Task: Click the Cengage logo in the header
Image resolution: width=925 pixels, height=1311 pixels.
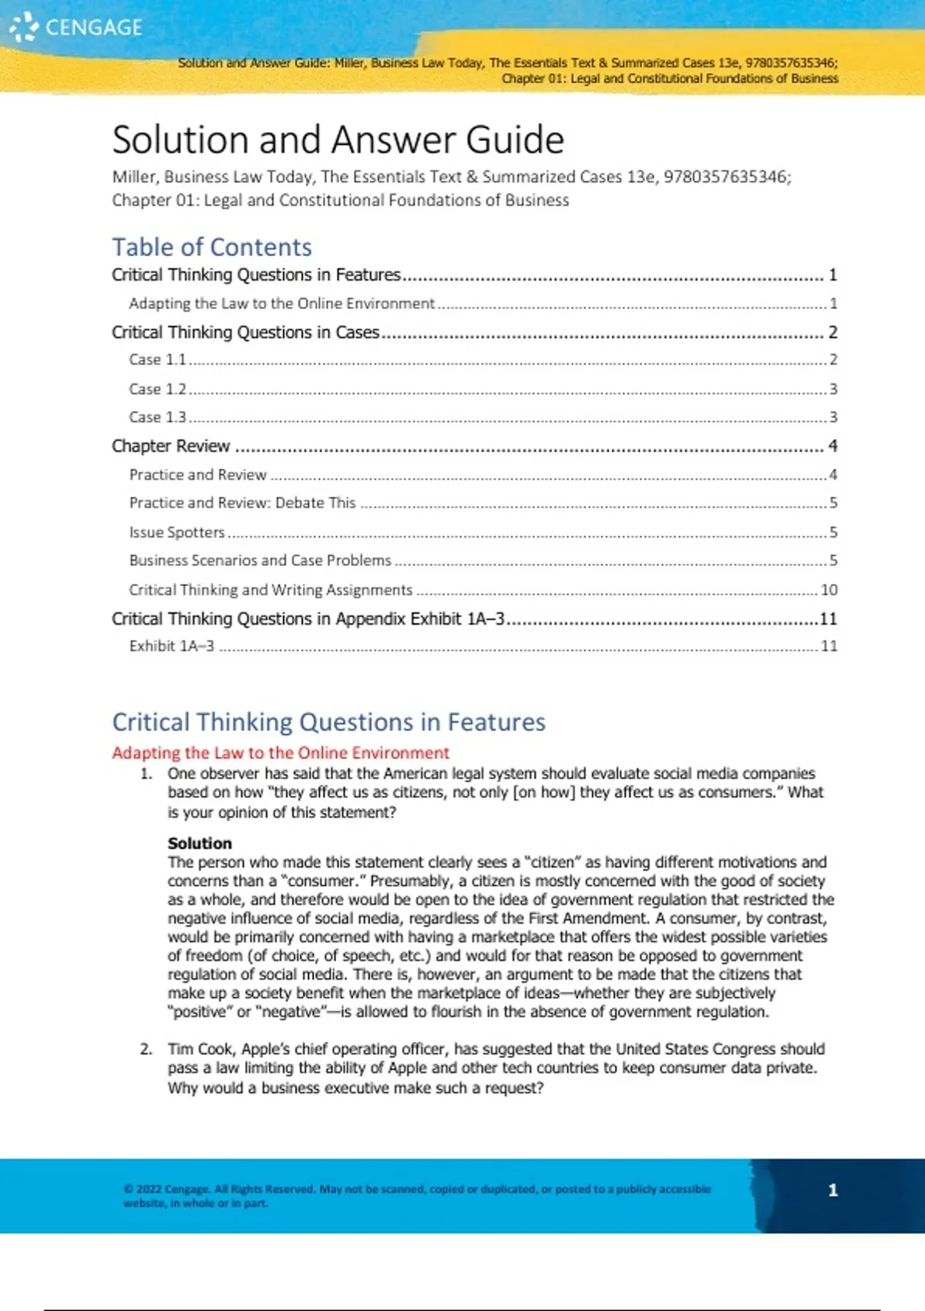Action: (76, 27)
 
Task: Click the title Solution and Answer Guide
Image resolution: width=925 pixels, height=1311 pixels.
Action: (338, 140)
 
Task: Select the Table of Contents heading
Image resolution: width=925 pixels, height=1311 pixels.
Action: (212, 247)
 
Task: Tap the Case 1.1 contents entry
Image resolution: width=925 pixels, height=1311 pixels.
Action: (157, 359)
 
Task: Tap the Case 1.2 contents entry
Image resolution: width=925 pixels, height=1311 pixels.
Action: (157, 389)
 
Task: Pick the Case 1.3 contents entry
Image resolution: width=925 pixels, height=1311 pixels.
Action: (157, 417)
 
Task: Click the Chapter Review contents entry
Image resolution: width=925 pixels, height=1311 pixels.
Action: (170, 446)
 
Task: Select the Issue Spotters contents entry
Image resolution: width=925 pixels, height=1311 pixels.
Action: (177, 532)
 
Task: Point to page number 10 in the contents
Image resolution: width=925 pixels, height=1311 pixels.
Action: (829, 590)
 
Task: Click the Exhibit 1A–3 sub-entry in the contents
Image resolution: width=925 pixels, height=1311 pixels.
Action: (171, 646)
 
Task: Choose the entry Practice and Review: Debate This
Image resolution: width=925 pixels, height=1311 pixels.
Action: (242, 503)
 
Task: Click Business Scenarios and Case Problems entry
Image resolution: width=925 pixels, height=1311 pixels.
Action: (260, 561)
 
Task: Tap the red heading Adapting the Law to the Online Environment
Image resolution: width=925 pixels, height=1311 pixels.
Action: (281, 753)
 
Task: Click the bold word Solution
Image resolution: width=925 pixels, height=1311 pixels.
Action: (200, 843)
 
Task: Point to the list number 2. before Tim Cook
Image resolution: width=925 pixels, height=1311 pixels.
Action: (146, 1049)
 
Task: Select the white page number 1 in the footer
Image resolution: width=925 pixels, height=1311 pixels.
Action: (832, 1190)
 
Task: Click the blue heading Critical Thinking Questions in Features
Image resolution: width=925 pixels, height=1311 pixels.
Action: (328, 722)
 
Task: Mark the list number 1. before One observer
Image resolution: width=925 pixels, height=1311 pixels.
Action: (146, 773)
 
